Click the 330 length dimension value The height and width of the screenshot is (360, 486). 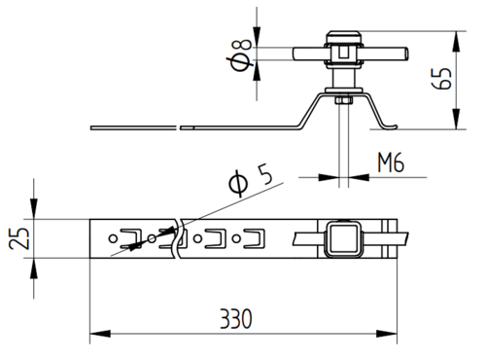pos(236,319)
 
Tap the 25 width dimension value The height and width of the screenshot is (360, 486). pos(19,238)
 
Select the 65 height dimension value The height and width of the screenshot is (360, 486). pos(441,79)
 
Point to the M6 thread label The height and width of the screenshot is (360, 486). pos(391,162)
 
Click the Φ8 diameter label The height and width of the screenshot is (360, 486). pos(241,54)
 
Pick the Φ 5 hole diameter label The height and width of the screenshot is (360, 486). pos(251,179)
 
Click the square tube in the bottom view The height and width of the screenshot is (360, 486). pos(343,238)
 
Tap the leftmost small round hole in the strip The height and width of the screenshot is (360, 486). pos(113,238)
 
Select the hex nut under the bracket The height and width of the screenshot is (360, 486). pos(344,100)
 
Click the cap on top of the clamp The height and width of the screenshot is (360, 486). pos(343,36)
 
